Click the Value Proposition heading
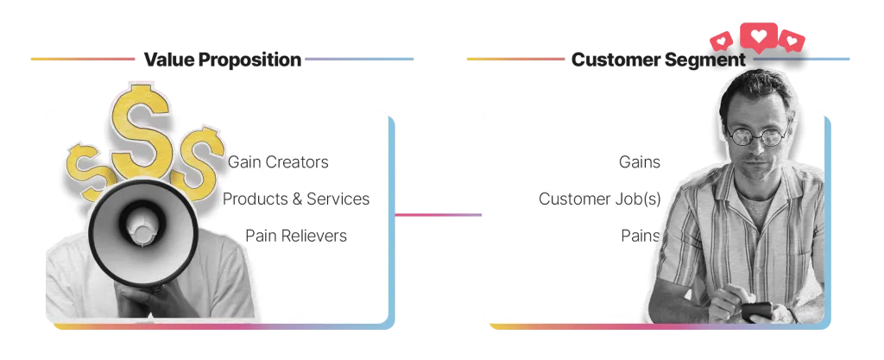(222, 60)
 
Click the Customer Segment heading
(659, 60)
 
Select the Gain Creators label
(278, 162)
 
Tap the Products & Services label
(296, 199)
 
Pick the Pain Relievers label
(296, 236)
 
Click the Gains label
(640, 162)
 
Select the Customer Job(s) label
(600, 199)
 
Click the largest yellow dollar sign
(141, 130)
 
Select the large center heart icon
(758, 36)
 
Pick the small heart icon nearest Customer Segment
(721, 41)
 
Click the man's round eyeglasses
(757, 136)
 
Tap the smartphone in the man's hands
(756, 312)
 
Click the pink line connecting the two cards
(438, 215)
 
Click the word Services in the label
(338, 199)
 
